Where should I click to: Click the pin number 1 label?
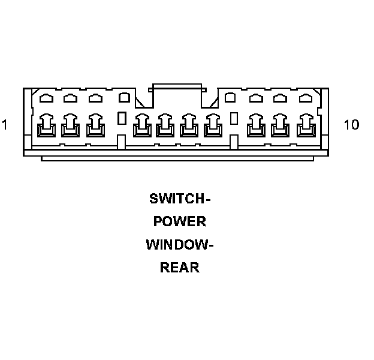(5, 125)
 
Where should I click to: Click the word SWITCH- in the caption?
(180, 199)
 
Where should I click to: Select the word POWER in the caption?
(180, 221)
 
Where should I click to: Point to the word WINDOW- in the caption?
(180, 245)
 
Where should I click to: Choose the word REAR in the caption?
(180, 268)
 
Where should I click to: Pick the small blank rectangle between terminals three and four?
(122, 118)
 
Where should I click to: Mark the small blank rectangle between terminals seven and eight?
(234, 118)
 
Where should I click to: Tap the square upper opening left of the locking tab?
(124, 97)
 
